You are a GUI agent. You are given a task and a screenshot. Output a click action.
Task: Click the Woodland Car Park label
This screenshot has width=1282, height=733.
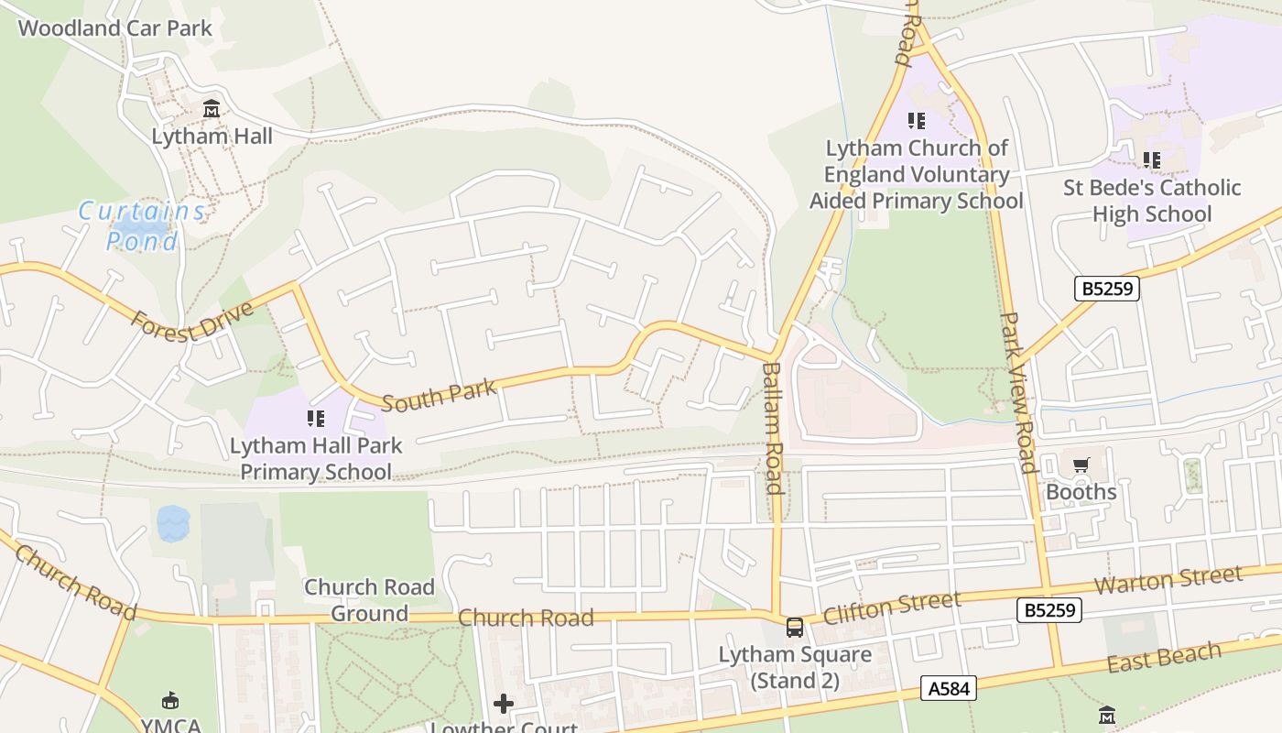[114, 28]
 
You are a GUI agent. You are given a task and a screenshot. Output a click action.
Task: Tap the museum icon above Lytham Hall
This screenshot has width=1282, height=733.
[212, 109]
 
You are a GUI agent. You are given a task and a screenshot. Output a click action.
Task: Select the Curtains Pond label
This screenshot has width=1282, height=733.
[142, 225]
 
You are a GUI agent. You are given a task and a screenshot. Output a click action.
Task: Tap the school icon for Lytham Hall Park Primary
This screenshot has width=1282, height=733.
[316, 420]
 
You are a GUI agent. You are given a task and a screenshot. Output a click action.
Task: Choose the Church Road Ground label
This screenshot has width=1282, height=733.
[369, 600]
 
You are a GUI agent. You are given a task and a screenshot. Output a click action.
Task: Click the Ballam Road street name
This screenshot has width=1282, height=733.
[773, 427]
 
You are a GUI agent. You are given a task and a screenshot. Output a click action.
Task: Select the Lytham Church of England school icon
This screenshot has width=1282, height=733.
[916, 120]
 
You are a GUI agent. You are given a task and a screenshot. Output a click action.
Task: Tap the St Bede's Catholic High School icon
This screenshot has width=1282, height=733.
[1151, 160]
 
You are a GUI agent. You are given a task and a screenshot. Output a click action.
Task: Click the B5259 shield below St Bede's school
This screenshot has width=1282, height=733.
[1107, 289]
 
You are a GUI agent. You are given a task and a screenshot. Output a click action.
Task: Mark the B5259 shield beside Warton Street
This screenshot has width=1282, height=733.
[1048, 610]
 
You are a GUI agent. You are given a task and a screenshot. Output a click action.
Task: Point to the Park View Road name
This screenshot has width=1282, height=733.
[1017, 392]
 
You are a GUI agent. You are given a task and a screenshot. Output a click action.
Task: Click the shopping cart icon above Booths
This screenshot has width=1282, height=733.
[1081, 465]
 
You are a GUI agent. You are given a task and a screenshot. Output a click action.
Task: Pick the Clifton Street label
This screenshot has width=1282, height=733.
[892, 607]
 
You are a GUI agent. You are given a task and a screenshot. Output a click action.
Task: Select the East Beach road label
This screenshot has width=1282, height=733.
[1164, 656]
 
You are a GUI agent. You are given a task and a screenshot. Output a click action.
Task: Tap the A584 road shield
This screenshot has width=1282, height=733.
[948, 688]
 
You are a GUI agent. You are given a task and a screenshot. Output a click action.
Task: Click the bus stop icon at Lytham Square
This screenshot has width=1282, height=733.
[794, 628]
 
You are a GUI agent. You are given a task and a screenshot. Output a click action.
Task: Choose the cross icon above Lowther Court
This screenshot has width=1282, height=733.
[504, 704]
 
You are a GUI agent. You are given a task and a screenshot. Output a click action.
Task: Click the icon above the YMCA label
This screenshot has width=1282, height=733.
[170, 701]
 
